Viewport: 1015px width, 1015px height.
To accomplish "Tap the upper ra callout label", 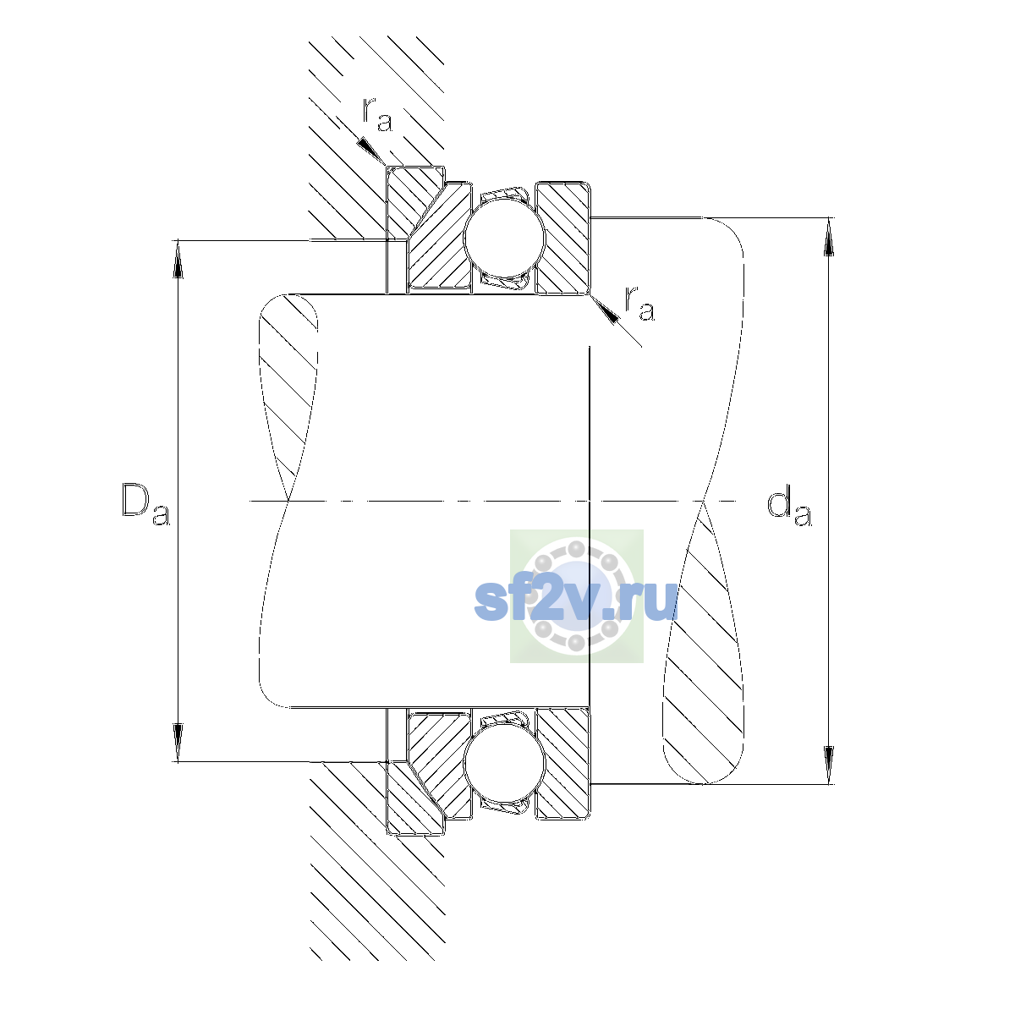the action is [x=377, y=115].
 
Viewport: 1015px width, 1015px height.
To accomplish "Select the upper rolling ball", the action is [x=504, y=238].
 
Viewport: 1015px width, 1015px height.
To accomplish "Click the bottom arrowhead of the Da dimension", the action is [x=178, y=743].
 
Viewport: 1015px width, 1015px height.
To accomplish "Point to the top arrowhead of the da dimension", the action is [x=829, y=237].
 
